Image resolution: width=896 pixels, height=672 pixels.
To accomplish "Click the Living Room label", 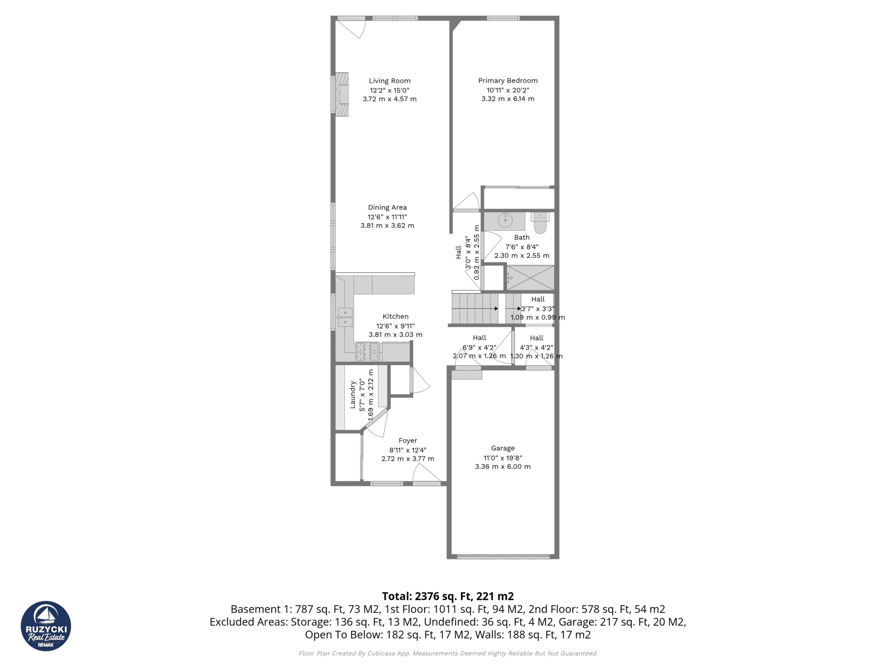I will [389, 81].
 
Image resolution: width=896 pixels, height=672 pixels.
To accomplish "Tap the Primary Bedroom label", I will [507, 80].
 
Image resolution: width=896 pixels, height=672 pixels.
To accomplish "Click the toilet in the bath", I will [540, 223].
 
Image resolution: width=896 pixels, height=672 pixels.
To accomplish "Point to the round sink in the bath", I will [505, 220].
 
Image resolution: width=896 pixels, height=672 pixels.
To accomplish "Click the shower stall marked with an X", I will [530, 278].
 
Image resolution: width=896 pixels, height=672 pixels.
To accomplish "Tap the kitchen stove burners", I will [367, 352].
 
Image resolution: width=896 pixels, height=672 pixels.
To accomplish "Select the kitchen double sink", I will [345, 317].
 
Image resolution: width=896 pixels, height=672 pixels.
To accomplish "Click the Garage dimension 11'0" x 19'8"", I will [502, 458].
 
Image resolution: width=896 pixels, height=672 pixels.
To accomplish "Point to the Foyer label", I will [407, 440].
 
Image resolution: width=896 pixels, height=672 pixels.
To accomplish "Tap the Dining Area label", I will [387, 208].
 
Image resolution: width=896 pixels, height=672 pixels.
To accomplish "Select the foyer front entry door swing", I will [425, 474].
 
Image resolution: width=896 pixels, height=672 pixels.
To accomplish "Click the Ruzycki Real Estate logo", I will [46, 626].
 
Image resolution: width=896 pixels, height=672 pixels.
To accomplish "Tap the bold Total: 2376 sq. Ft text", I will [448, 596].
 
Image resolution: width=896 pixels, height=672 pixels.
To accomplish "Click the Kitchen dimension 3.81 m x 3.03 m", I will [395, 335].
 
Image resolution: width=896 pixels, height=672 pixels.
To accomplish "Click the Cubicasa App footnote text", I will [448, 653].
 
